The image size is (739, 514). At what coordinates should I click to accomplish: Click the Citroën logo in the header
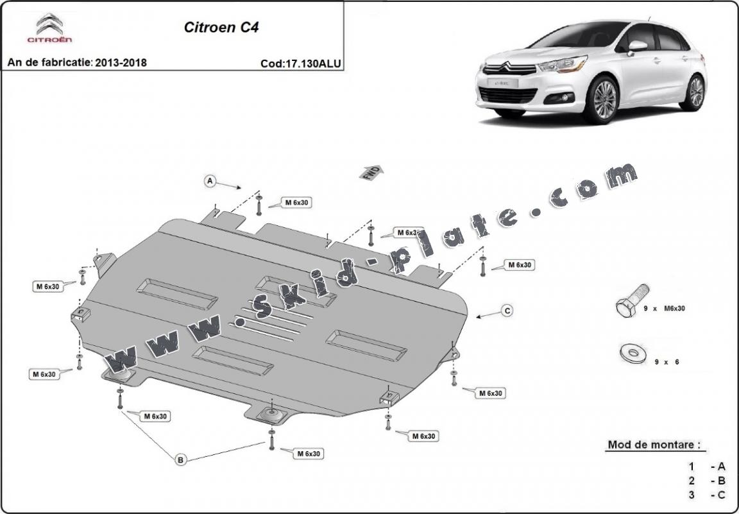[x=49, y=28]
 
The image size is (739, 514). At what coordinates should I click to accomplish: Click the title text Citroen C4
[x=221, y=28]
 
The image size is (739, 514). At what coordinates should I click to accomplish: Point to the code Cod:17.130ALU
[x=300, y=63]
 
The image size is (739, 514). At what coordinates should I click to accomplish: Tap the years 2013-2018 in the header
[x=121, y=62]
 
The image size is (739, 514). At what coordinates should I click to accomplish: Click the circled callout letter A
[x=210, y=182]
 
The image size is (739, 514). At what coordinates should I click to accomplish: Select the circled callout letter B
[x=180, y=459]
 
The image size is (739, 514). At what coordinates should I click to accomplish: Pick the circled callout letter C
[x=507, y=311]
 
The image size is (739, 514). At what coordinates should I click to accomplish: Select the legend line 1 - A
[x=708, y=467]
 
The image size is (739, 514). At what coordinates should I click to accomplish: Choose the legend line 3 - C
[x=708, y=495]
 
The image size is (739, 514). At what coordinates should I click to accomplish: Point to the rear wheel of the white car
[x=695, y=92]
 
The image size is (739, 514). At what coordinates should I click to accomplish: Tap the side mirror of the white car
[x=637, y=46]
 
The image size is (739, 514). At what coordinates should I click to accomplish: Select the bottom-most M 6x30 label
[x=308, y=454]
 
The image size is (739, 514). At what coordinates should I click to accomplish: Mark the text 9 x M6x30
[x=665, y=309]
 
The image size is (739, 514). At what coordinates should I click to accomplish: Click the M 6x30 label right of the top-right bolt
[x=519, y=264]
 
